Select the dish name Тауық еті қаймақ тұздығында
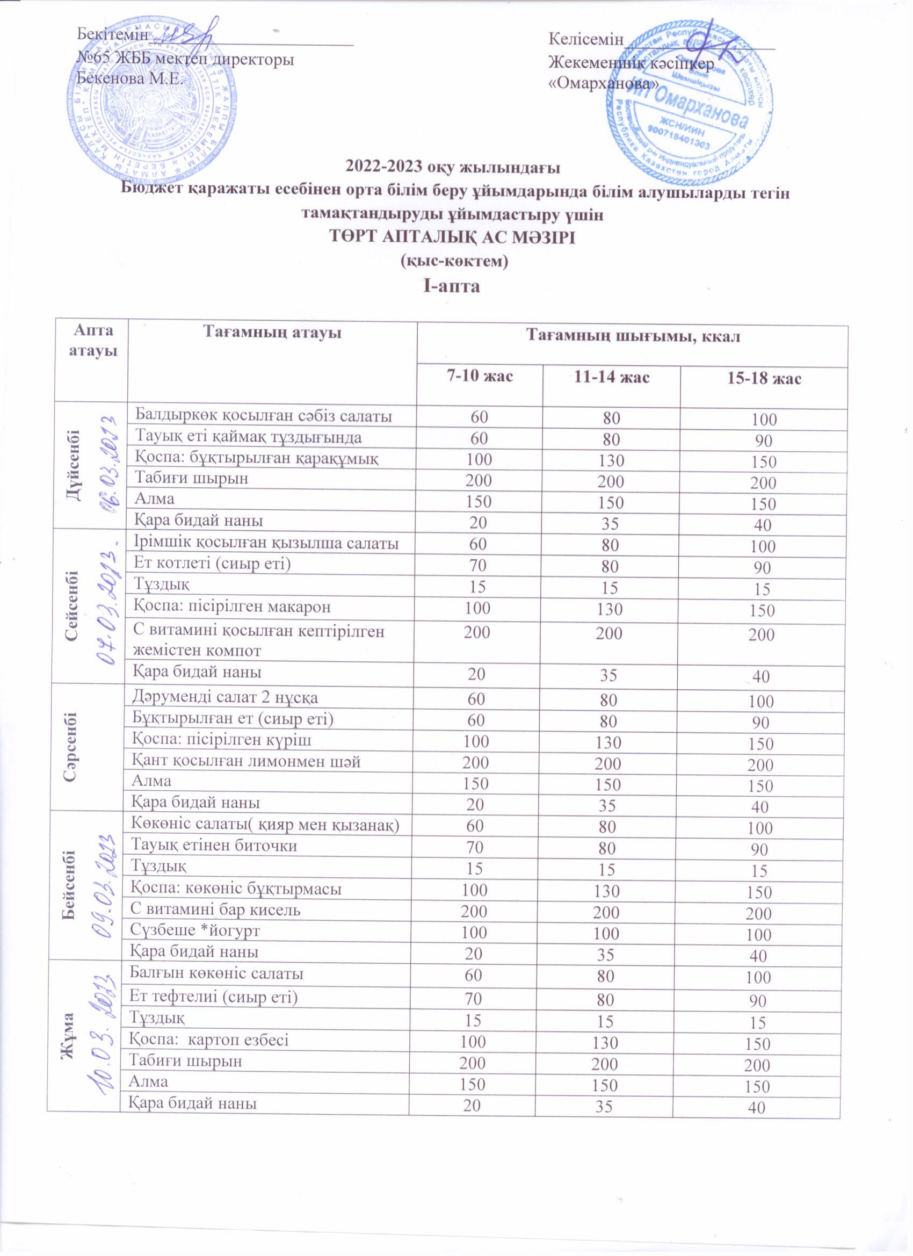click(x=249, y=437)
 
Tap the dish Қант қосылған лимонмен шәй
click(x=247, y=761)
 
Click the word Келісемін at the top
click(x=586, y=39)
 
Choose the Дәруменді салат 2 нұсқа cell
click(x=226, y=697)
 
